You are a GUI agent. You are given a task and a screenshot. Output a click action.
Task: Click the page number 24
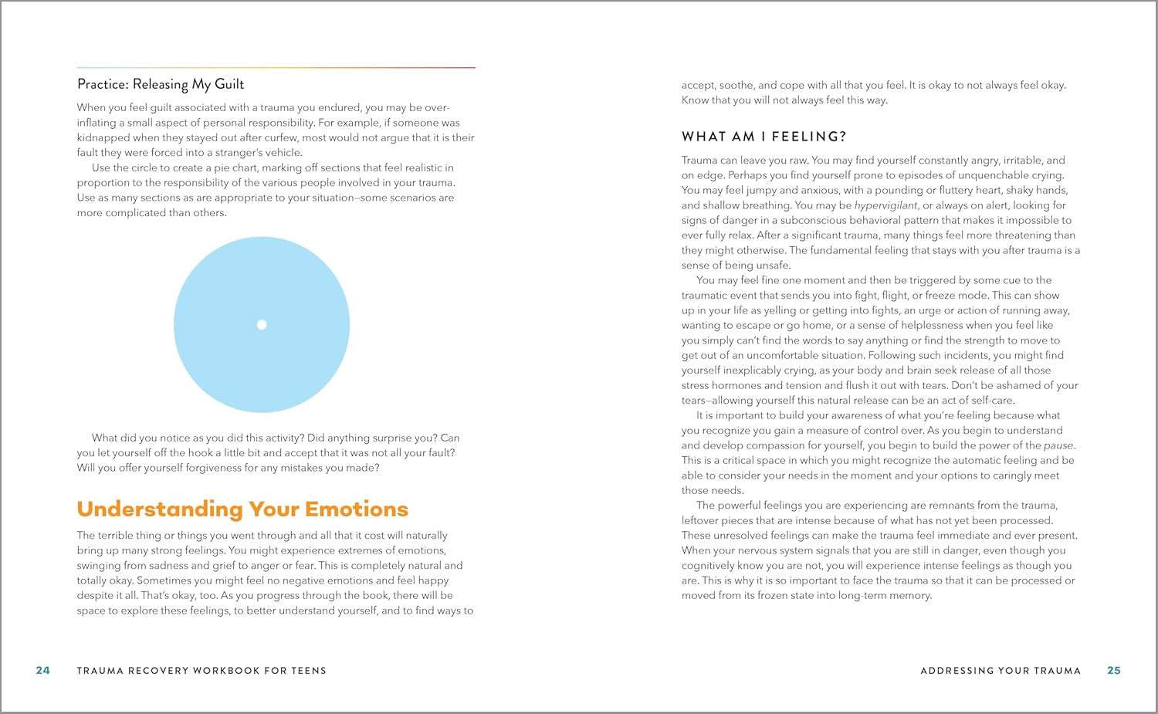click(43, 671)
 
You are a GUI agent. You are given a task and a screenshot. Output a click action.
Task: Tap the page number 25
click(1114, 671)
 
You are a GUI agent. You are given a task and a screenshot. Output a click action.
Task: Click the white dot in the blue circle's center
click(262, 325)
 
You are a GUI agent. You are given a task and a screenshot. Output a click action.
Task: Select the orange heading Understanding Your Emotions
click(242, 509)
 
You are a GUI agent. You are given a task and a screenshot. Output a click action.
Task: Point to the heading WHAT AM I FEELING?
click(764, 137)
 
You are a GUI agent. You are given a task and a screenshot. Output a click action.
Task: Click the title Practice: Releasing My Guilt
click(161, 84)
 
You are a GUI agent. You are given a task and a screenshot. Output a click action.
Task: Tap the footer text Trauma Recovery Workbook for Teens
click(201, 671)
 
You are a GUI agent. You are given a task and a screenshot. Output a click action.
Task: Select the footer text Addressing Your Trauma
click(1001, 671)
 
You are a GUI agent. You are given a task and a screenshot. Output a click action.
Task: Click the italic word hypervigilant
click(885, 205)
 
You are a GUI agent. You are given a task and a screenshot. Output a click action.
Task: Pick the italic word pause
click(1058, 445)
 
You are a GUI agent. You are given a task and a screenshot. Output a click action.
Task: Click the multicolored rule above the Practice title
click(276, 68)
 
